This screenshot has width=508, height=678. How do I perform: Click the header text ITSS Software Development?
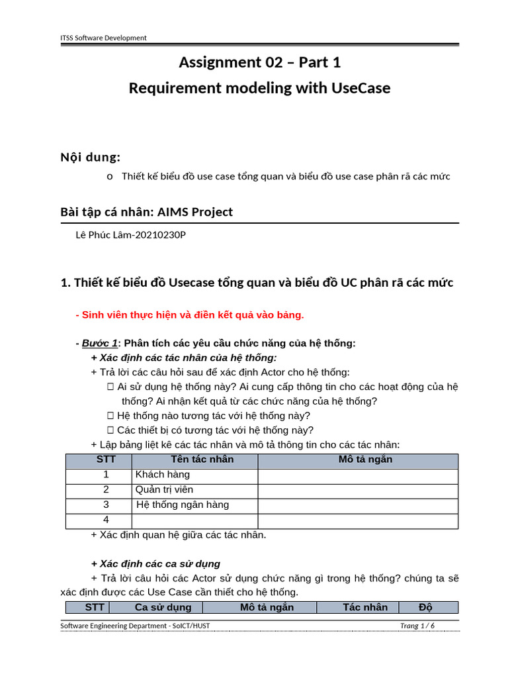(103, 38)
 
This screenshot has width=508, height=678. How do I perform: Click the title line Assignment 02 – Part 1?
(260, 62)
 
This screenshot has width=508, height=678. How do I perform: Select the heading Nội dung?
(90, 157)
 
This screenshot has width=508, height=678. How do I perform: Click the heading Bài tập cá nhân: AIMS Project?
(147, 212)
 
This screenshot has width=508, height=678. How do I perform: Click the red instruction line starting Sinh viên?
(190, 315)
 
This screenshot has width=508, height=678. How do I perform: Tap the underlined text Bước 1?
(100, 343)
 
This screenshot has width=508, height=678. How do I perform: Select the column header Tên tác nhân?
(202, 460)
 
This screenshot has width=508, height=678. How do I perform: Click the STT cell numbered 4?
(106, 520)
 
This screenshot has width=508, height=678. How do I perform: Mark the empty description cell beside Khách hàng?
(358, 475)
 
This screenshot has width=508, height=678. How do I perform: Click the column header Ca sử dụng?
(163, 607)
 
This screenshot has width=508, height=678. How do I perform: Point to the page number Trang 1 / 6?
(417, 626)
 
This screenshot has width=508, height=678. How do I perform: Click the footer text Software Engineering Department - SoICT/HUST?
(135, 626)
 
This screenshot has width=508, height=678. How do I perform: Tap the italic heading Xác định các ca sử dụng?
(160, 564)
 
